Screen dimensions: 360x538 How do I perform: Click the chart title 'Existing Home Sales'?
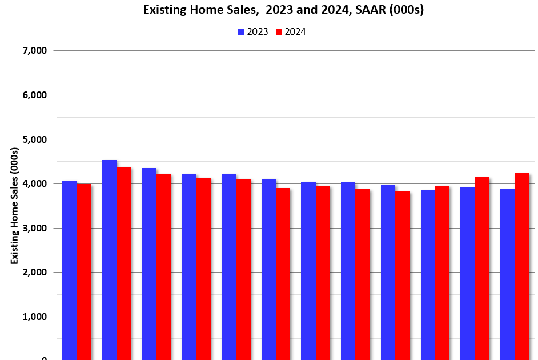[283, 10]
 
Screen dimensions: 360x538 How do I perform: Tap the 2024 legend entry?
[291, 32]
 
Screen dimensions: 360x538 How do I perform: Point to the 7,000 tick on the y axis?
[34, 51]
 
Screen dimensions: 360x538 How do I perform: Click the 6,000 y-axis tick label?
[34, 95]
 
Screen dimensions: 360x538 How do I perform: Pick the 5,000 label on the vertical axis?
[34, 139]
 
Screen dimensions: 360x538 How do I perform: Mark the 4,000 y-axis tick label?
[34, 184]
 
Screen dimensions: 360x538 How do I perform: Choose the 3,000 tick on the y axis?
[34, 228]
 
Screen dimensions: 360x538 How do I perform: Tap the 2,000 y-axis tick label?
[34, 273]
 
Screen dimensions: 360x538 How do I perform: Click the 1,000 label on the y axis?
[34, 317]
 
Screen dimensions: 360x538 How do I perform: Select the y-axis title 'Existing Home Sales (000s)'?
[15, 206]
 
